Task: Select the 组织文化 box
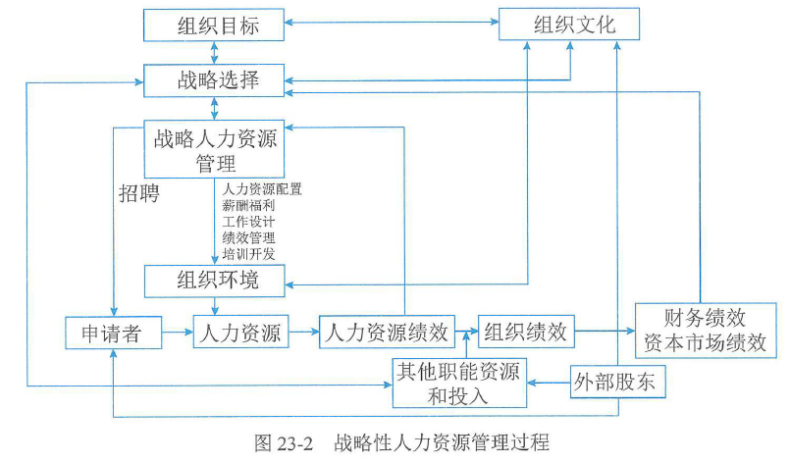pyautogui.click(x=570, y=24)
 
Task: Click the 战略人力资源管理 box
pyautogui.click(x=216, y=148)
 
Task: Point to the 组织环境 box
pyautogui.click(x=216, y=282)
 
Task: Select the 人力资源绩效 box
pyautogui.click(x=390, y=332)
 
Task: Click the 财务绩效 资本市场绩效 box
pyautogui.click(x=706, y=331)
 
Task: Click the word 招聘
pyautogui.click(x=138, y=191)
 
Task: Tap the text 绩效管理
pyautogui.click(x=249, y=237)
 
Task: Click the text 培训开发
pyautogui.click(x=249, y=254)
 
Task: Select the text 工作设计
pyautogui.click(x=249, y=222)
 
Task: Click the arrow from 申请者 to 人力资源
pyautogui.click(x=178, y=334)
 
